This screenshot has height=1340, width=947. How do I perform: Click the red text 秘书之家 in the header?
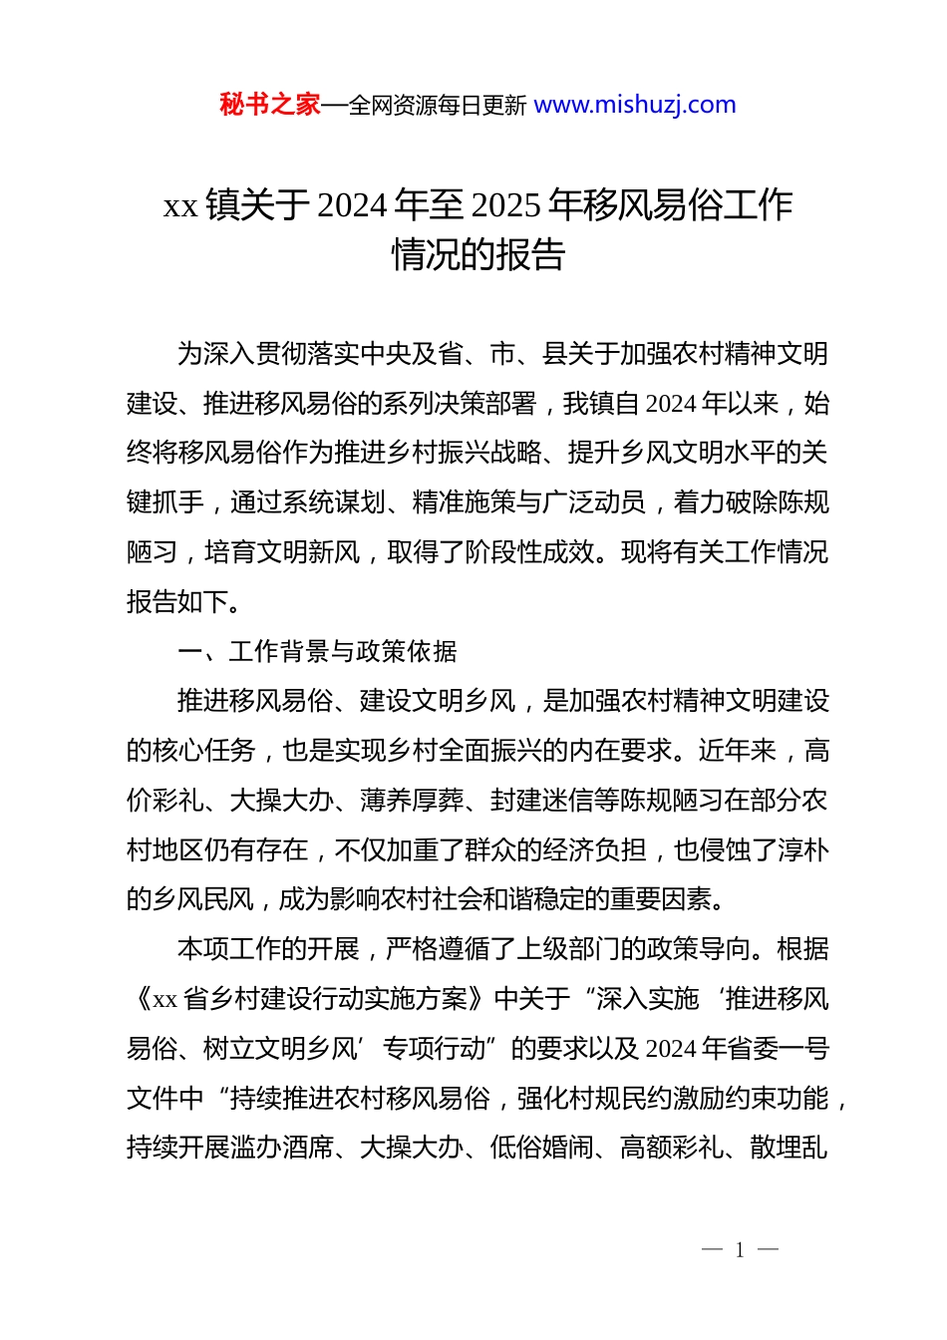click(270, 105)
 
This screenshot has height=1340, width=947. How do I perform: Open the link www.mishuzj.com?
click(635, 105)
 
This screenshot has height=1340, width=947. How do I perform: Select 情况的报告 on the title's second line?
click(478, 255)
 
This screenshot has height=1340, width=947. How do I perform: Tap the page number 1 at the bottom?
click(740, 1250)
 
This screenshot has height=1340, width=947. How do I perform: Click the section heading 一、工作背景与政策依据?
click(317, 652)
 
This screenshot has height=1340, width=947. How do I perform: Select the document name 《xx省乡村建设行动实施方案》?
click(309, 999)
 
